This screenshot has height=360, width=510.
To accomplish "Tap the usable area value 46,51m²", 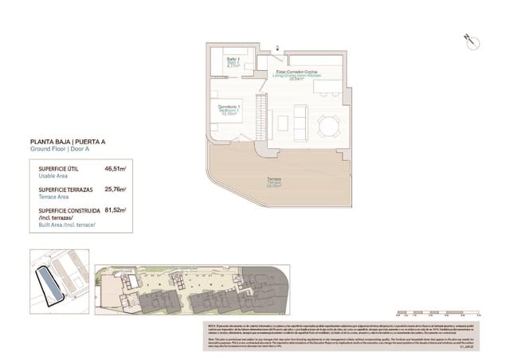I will coord(116,169).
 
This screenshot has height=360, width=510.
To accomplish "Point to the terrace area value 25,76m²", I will coord(116,190).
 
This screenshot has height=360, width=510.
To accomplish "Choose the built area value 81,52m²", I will coord(116,210).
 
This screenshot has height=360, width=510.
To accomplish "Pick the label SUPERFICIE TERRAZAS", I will coord(66,190).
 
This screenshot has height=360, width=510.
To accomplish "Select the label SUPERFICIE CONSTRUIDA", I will coord(69,210).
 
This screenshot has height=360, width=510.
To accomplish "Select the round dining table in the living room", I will coord(328,126).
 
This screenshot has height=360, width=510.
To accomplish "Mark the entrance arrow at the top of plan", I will coord(277,47).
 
